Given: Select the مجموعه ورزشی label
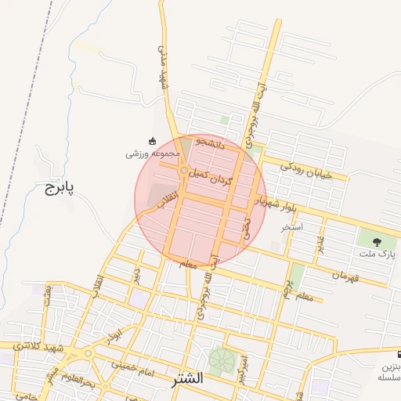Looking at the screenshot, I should click(x=154, y=155).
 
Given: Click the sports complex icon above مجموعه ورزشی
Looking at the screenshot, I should click(x=152, y=141).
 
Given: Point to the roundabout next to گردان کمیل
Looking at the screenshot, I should click(x=184, y=170).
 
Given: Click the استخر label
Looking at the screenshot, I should click(x=293, y=227).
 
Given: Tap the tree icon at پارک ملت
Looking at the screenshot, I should click(x=378, y=241).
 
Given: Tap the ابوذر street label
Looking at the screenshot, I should click(x=116, y=333).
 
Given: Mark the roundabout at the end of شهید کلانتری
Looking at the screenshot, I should click(x=87, y=353).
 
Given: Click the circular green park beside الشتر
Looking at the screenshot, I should click(x=220, y=359).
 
